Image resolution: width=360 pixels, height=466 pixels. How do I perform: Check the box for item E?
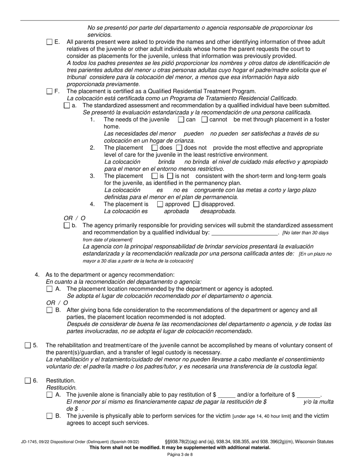pos(50,42)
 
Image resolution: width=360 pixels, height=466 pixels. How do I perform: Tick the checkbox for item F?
pos(50,91)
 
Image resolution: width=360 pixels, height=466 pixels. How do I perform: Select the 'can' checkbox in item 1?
pos(181,120)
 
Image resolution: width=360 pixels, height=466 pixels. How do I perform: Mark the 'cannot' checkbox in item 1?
pos(204,120)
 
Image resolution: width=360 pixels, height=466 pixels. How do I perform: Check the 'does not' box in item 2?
pos(179,148)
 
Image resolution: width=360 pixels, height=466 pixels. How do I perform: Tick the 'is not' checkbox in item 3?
pos(170,176)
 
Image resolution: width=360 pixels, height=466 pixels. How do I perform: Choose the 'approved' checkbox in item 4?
pos(160,204)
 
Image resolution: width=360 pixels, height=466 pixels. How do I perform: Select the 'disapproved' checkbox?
pos(196,204)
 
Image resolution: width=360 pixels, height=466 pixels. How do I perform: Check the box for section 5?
pos(28,345)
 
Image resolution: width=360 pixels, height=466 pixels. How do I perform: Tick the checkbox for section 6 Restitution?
pos(28,381)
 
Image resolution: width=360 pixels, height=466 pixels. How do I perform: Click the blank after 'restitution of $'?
pos(227,395)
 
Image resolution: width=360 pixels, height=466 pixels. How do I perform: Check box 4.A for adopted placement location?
pos(50,289)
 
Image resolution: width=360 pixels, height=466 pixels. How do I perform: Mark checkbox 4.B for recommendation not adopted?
pos(50,310)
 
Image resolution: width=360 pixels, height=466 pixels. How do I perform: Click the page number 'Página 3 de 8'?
pos(180,455)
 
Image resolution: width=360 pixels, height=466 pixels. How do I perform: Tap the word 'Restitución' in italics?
pos(61,388)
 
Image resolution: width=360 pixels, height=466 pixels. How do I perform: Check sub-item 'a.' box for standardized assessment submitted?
pos(67,106)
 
